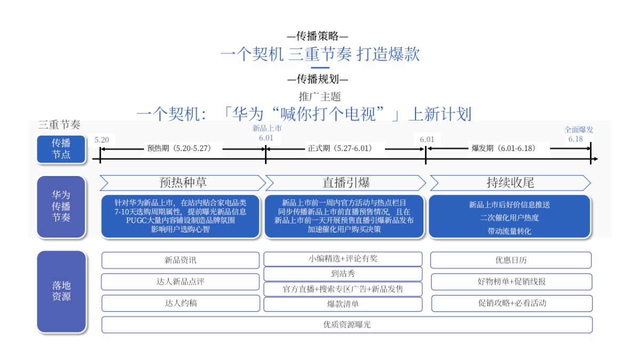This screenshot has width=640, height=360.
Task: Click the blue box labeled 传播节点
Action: [x=61, y=149]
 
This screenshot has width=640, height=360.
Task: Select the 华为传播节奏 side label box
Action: [x=61, y=207]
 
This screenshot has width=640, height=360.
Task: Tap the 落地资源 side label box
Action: [x=61, y=291]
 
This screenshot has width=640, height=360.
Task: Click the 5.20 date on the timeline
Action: [x=102, y=140]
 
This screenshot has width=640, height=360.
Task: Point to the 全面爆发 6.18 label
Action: [x=579, y=134]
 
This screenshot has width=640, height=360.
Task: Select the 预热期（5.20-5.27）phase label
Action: [x=179, y=149]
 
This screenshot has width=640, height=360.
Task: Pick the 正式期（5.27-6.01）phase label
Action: [x=340, y=149]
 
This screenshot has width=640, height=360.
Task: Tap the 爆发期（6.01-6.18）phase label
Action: [x=503, y=149]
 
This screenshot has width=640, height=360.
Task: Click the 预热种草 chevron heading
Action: [x=182, y=183]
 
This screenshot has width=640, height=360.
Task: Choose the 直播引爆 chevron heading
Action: [x=346, y=183]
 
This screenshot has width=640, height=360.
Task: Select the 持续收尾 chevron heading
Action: [x=510, y=183]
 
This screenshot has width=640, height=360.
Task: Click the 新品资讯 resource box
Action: [x=180, y=260]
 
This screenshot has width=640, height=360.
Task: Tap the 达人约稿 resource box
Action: [x=180, y=303]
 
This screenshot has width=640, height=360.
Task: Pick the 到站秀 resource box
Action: [x=342, y=274]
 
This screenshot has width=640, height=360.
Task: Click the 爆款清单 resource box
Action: [x=342, y=304]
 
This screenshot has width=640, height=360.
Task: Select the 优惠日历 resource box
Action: [x=510, y=260]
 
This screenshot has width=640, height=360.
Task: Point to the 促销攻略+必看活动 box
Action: [x=511, y=303]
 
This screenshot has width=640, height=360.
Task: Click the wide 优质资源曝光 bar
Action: [x=347, y=324]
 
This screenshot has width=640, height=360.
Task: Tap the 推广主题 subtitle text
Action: [x=319, y=97]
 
